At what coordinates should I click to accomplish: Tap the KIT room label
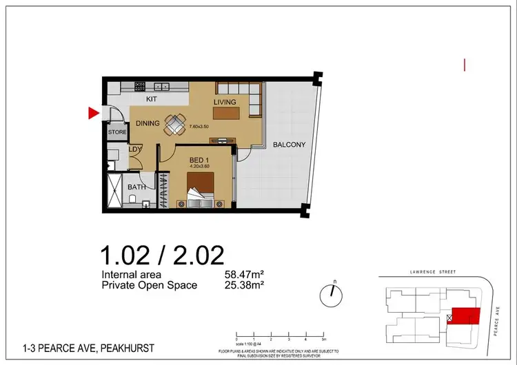point(152,99)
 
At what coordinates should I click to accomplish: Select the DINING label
point(148,124)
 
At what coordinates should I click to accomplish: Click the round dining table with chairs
point(176,124)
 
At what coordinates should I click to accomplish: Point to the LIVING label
point(225,103)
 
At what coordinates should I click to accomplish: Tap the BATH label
point(136,187)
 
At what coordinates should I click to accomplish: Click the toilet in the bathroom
point(131,200)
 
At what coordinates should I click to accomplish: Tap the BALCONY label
point(288,145)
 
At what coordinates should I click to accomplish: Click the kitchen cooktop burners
point(140,87)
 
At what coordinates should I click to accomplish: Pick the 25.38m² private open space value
point(247,285)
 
